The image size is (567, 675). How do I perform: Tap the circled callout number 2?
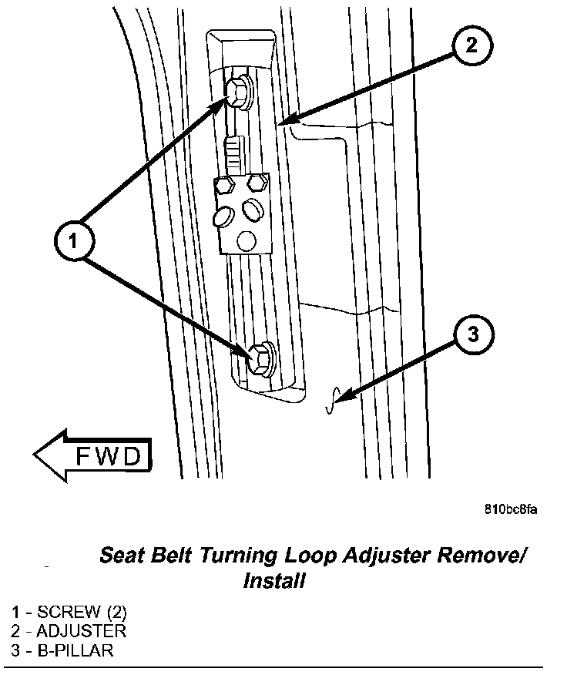(471, 45)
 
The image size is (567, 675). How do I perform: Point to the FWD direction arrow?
(91, 456)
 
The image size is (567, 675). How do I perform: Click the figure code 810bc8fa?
(511, 509)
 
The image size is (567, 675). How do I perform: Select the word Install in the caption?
(273, 580)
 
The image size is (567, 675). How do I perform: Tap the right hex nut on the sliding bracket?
(257, 182)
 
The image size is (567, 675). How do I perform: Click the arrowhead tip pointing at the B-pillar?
(337, 399)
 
